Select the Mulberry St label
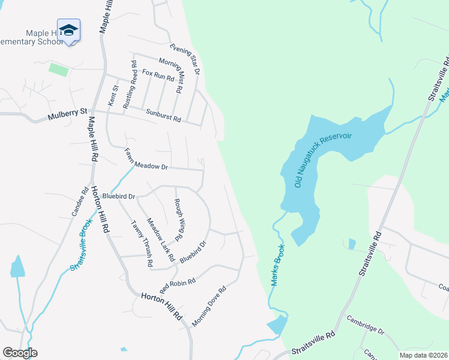click(x=67, y=112)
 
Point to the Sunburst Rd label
click(x=163, y=115)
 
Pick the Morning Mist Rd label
click(x=169, y=76)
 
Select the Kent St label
click(x=112, y=96)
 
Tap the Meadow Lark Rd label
click(x=160, y=239)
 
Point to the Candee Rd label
click(x=80, y=204)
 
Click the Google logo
click(x=20, y=352)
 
